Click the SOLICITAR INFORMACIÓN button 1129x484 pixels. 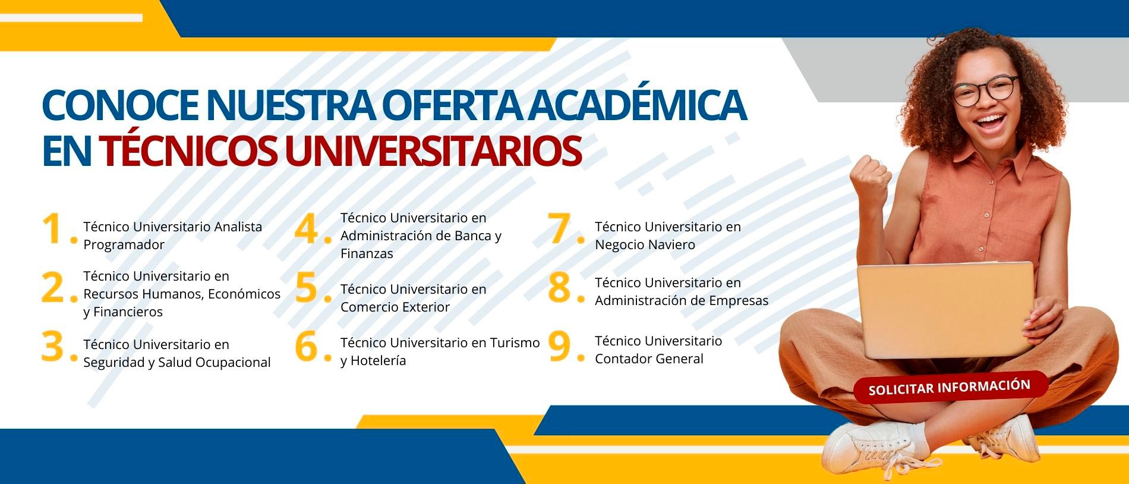coord(950,388)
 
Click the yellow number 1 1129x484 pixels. coord(53,229)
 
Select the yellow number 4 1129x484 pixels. coord(307,229)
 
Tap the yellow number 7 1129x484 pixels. coord(560,229)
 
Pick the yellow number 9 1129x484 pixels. coord(560,347)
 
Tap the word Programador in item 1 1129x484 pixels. coord(124,245)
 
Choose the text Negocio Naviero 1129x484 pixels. coord(645,244)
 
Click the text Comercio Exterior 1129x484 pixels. coord(395,307)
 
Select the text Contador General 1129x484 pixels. coord(649,359)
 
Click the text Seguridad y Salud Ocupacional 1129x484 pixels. coord(177,363)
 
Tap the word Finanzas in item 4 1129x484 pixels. coord(367,253)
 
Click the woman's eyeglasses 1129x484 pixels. coord(985,90)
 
